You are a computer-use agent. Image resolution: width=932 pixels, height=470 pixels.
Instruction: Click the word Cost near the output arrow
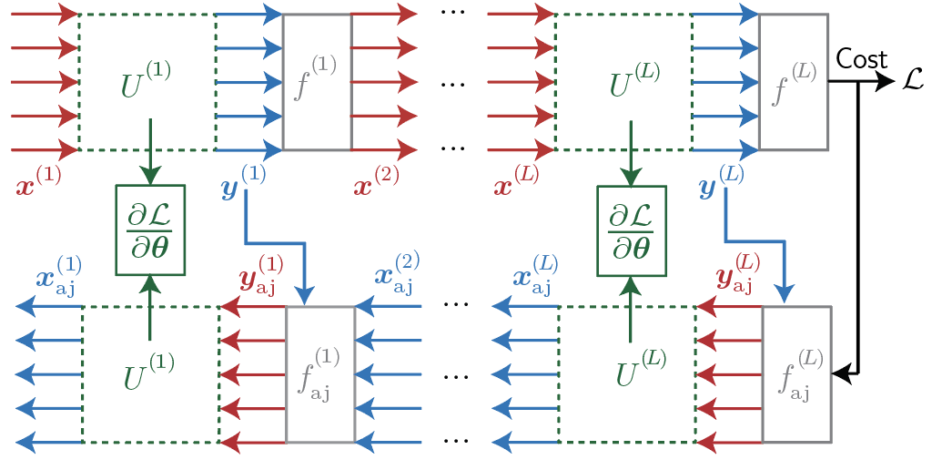tap(862, 60)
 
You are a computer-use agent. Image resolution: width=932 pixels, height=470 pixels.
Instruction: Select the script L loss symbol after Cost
tap(913, 81)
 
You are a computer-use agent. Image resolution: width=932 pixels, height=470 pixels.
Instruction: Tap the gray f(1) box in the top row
tap(317, 82)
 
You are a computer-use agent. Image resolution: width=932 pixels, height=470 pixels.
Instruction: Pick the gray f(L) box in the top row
tap(793, 82)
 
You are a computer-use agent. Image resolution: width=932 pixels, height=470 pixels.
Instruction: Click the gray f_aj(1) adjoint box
tap(319, 373)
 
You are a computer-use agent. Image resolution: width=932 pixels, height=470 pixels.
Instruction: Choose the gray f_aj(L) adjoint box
tap(796, 373)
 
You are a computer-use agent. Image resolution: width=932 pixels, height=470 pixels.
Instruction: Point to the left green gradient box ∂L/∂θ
tap(150, 230)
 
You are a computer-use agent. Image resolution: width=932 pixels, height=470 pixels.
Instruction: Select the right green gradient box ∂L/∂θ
tap(631, 230)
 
